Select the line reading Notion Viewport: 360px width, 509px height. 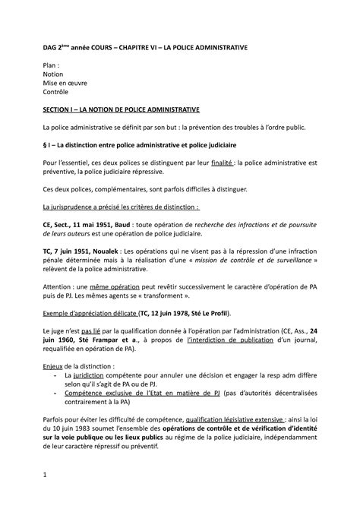point(55,76)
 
